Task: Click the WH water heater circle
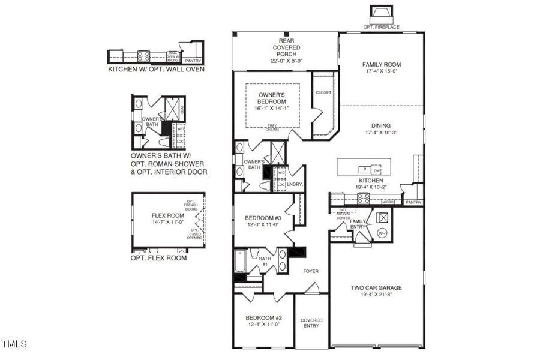coord(382,233)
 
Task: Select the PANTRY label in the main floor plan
coord(413,203)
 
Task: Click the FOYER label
coord(311,271)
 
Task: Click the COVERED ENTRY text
coord(311,323)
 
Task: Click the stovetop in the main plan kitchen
coord(364,199)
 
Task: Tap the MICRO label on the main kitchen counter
coord(388,203)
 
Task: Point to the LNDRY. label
coord(294,185)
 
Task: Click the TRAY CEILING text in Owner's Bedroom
coord(272,128)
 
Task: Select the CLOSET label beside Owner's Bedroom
coord(323,92)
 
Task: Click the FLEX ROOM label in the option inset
coord(167,215)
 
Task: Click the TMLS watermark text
coord(14,344)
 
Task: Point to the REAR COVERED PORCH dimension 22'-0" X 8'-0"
coord(285,61)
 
